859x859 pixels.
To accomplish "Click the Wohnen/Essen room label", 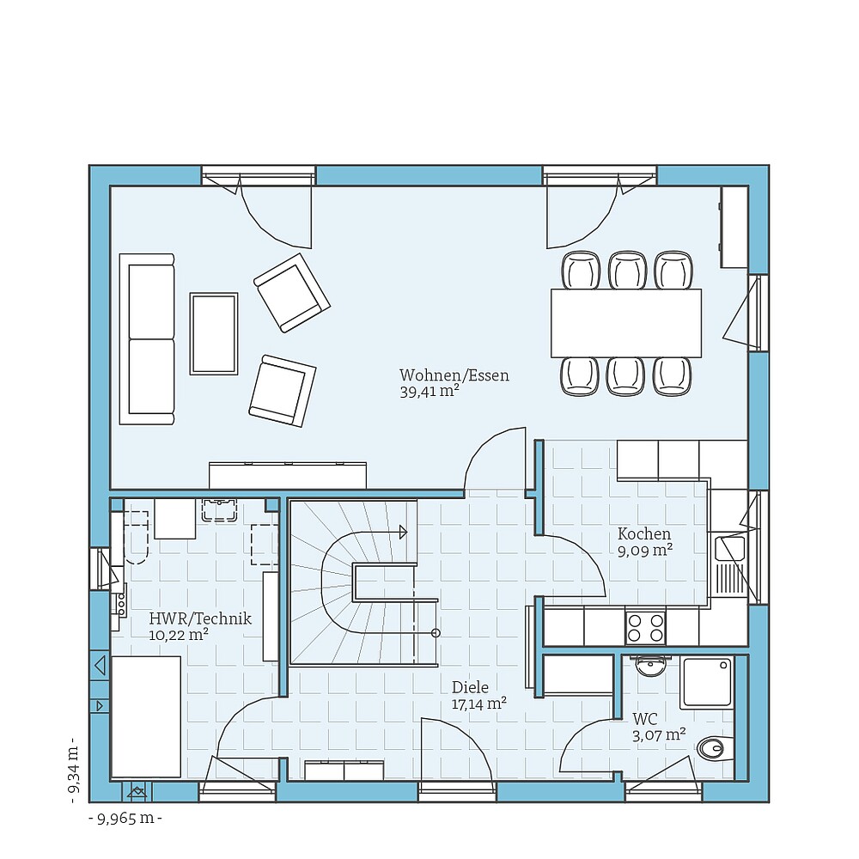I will [x=454, y=375].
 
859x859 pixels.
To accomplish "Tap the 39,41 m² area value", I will [x=429, y=392].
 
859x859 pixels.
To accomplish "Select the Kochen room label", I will [x=643, y=534].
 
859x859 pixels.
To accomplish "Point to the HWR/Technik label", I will [x=200, y=618].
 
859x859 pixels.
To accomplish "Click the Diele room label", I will [x=470, y=687].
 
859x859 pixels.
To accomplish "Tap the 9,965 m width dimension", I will [x=125, y=819].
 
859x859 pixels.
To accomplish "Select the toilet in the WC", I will [x=713, y=749].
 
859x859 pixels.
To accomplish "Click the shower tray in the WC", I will [x=706, y=684].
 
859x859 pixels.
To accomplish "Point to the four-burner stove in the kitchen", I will [x=645, y=627].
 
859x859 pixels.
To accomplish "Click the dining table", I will [x=626, y=323].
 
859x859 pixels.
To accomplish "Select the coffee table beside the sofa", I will [x=214, y=333].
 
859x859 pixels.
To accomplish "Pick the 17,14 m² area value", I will [x=478, y=704].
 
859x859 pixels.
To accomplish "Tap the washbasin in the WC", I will [x=650, y=667].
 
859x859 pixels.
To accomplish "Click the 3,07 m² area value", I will [x=659, y=734].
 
